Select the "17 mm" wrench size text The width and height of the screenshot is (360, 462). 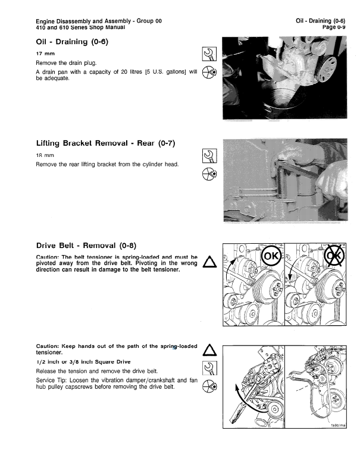pyautogui.click(x=45, y=54)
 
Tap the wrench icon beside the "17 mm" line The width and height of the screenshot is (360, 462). pyautogui.click(x=208, y=55)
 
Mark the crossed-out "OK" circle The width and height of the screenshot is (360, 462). pyautogui.click(x=333, y=257)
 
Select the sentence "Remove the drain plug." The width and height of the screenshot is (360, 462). pyautogui.click(x=62, y=63)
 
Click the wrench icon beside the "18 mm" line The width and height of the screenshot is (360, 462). pyautogui.click(x=208, y=156)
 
